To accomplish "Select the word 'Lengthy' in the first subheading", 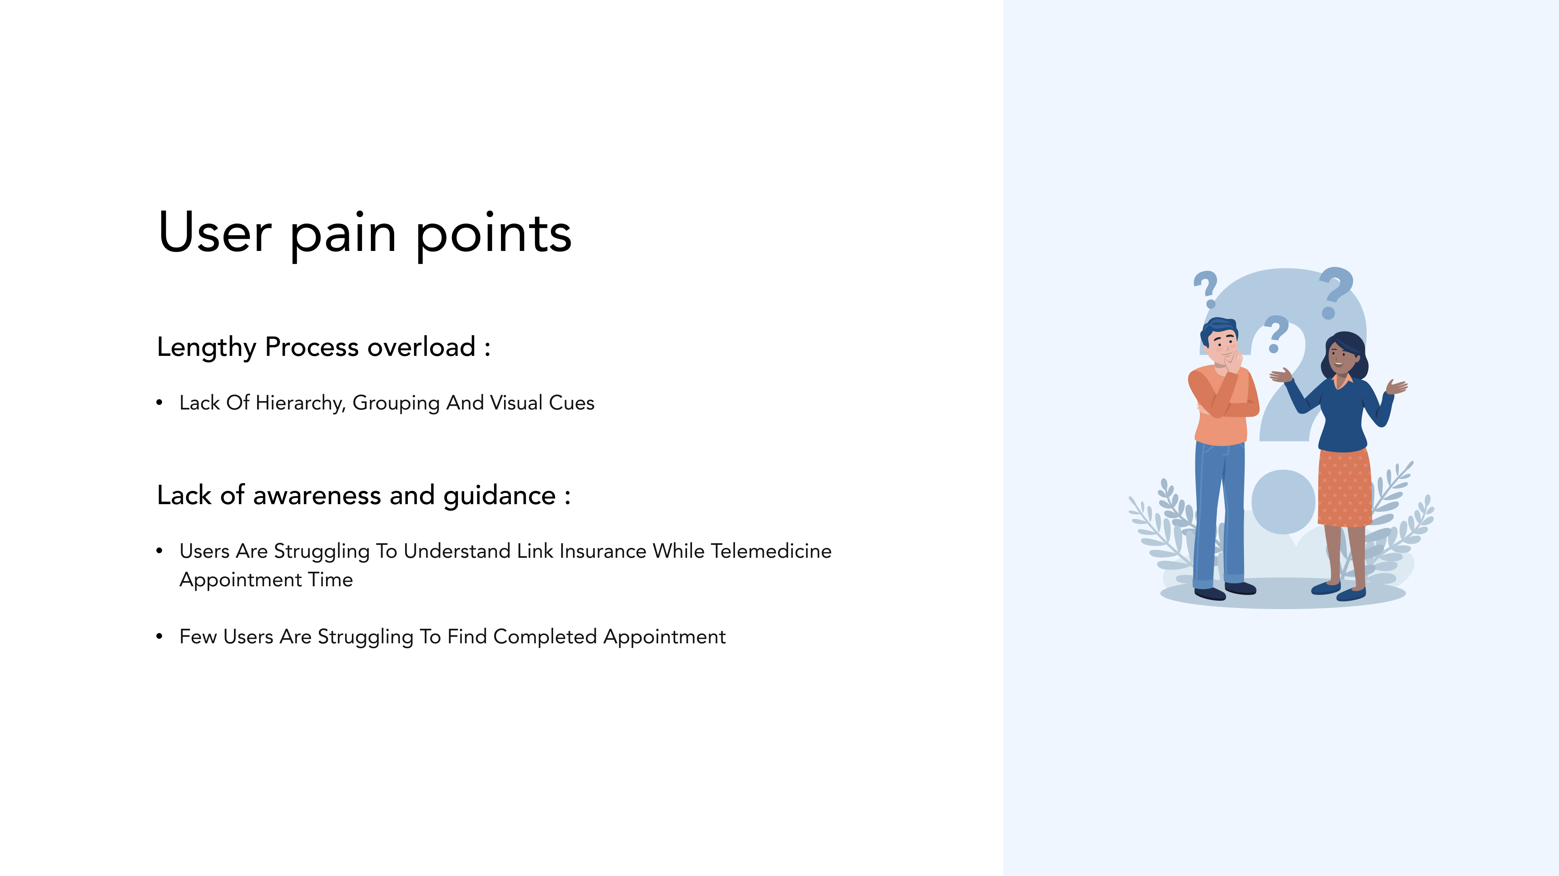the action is [x=206, y=348].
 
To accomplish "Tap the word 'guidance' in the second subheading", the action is [x=499, y=497].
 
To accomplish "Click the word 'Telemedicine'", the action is [x=771, y=551].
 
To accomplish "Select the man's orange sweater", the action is [x=1222, y=405].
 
